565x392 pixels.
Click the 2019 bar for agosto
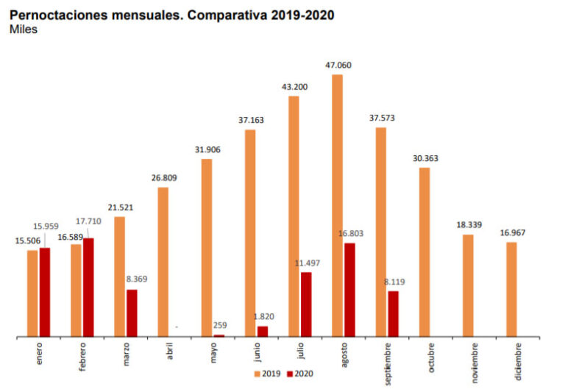(338, 206)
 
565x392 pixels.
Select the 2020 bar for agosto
(349, 290)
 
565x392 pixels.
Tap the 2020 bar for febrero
(88, 288)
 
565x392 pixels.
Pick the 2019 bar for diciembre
(511, 290)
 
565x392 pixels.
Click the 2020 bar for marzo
(132, 313)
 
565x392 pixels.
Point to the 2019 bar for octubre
(424, 252)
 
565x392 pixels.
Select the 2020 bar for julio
(306, 304)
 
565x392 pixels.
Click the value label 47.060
(338, 65)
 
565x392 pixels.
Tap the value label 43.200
(295, 87)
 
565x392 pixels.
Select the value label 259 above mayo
(219, 325)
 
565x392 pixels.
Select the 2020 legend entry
(299, 374)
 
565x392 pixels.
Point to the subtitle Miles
(24, 29)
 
